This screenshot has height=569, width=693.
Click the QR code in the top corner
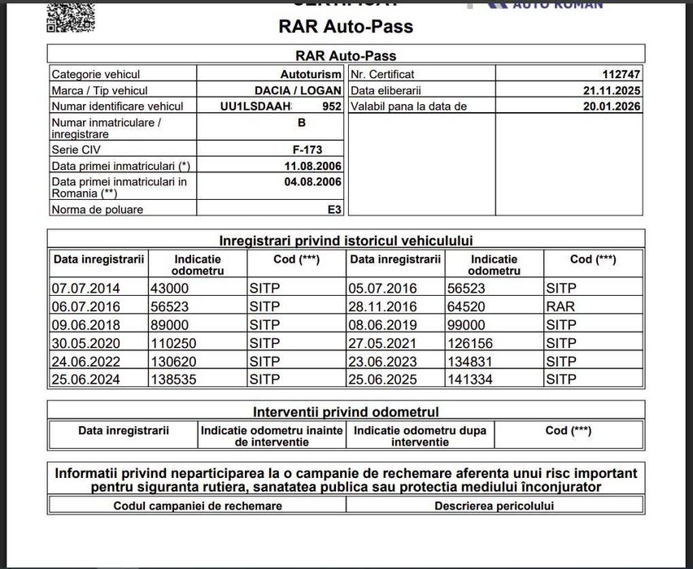click(x=70, y=15)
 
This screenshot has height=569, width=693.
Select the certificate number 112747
click(x=620, y=75)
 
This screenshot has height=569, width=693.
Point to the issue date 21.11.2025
click(x=612, y=90)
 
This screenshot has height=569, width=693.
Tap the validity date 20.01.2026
click(x=612, y=106)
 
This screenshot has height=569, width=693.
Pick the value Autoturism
click(x=311, y=75)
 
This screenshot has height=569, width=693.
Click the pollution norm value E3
click(x=334, y=210)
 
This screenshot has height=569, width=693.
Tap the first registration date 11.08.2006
click(x=312, y=166)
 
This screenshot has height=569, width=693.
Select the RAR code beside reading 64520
click(x=560, y=306)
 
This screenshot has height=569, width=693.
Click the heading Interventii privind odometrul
click(x=346, y=412)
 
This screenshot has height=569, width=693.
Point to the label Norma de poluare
click(x=97, y=210)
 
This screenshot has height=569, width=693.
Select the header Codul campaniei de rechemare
click(x=198, y=506)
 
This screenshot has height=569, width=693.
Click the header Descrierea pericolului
click(x=494, y=506)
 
